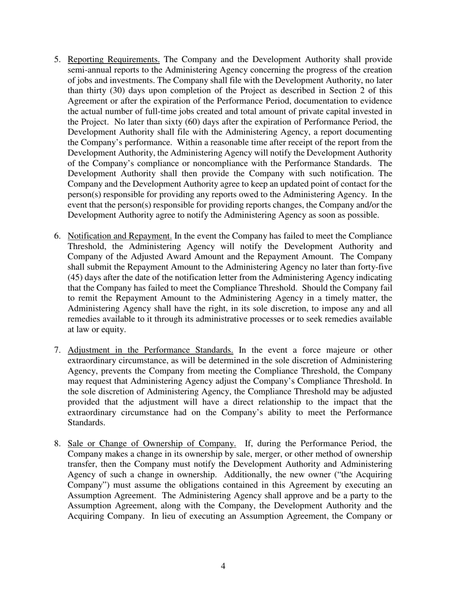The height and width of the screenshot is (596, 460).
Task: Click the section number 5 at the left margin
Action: click(57, 60)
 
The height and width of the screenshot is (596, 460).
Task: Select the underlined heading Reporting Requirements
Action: click(114, 60)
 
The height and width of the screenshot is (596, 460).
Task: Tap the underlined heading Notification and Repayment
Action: click(120, 236)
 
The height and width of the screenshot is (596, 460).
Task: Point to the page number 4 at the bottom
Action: click(223, 565)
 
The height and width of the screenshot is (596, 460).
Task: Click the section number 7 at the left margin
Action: click(57, 350)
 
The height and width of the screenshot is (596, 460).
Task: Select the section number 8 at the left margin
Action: click(57, 443)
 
